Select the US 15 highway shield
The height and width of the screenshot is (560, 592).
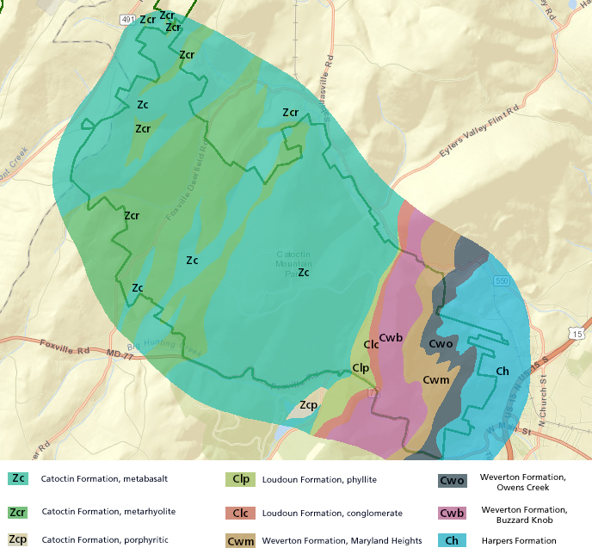coord(577,332)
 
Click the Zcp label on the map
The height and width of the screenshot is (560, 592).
coord(308,405)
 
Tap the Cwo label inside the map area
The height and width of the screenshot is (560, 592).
coord(441,343)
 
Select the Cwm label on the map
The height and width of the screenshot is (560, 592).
coord(436,379)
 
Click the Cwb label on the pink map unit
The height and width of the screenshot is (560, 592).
coord(392,337)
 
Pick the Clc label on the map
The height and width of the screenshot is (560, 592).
coord(372,344)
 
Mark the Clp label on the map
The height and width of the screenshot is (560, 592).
coord(361,367)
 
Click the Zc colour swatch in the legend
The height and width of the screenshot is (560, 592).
coord(18,478)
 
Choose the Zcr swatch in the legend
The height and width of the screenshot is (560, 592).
coord(18,511)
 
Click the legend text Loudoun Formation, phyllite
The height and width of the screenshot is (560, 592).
coord(307,479)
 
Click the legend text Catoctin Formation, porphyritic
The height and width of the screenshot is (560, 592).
coord(104,539)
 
